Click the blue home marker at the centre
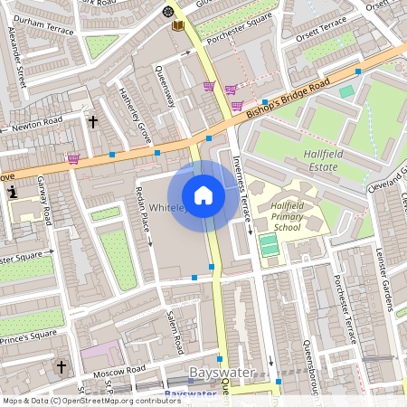(x=203, y=195)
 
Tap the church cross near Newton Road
(x=92, y=120)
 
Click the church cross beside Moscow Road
(x=62, y=367)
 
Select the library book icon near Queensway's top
(x=178, y=25)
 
